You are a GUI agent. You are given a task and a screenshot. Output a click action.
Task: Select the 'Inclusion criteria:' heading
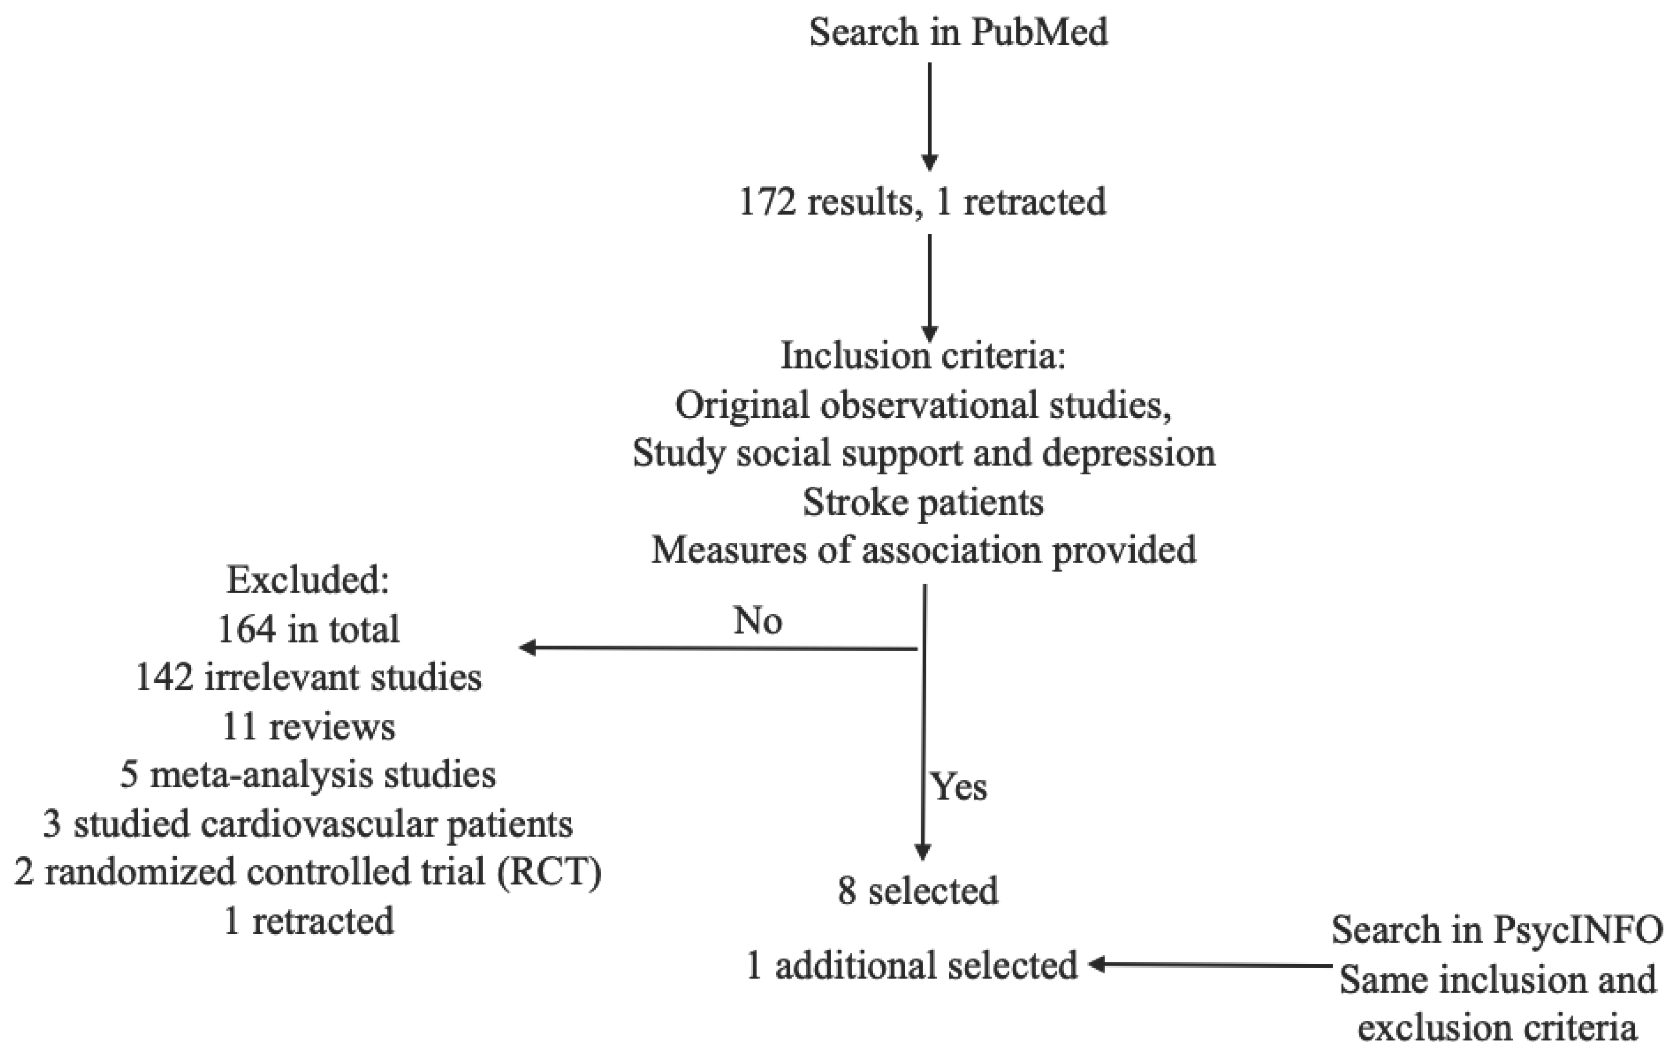(923, 356)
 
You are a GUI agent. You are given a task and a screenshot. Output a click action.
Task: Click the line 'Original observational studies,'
(923, 405)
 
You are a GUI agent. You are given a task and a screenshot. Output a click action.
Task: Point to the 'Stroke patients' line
(923, 502)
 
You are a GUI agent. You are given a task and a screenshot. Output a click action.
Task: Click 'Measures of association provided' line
(923, 550)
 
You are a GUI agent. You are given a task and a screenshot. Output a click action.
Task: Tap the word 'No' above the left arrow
(758, 621)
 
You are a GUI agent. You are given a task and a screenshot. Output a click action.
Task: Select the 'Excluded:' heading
(308, 580)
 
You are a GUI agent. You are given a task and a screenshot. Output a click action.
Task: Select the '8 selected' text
(918, 891)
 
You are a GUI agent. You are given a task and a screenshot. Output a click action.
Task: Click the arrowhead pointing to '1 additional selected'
(1097, 965)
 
